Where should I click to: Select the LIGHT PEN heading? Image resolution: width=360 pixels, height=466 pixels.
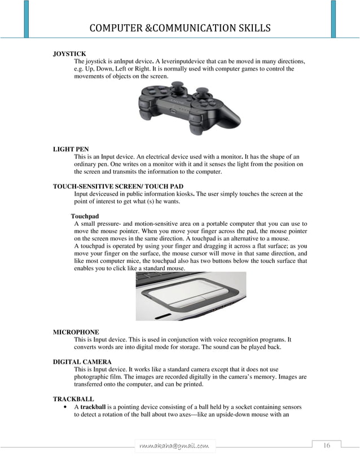point(71,149)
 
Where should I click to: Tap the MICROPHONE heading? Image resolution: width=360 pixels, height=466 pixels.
point(76,332)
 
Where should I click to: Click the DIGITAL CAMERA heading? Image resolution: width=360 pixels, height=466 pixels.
point(82,361)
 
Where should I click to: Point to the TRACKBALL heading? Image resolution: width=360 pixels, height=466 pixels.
point(73,399)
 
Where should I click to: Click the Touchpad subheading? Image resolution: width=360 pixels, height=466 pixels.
point(85,216)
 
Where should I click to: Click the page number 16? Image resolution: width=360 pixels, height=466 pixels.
point(326,446)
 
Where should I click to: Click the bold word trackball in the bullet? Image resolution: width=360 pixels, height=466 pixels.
point(93,407)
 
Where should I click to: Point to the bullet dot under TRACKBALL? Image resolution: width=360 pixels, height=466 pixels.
point(67,407)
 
